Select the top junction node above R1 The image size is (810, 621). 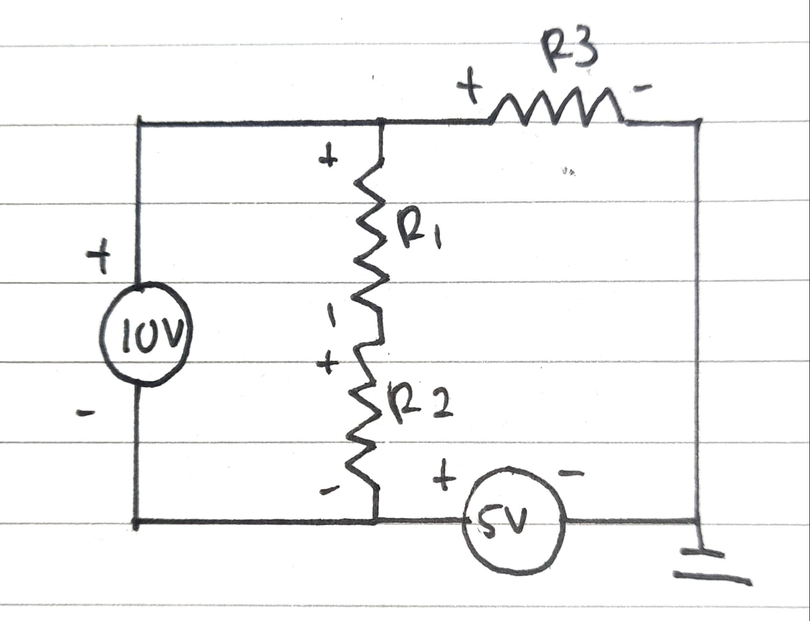point(380,122)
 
